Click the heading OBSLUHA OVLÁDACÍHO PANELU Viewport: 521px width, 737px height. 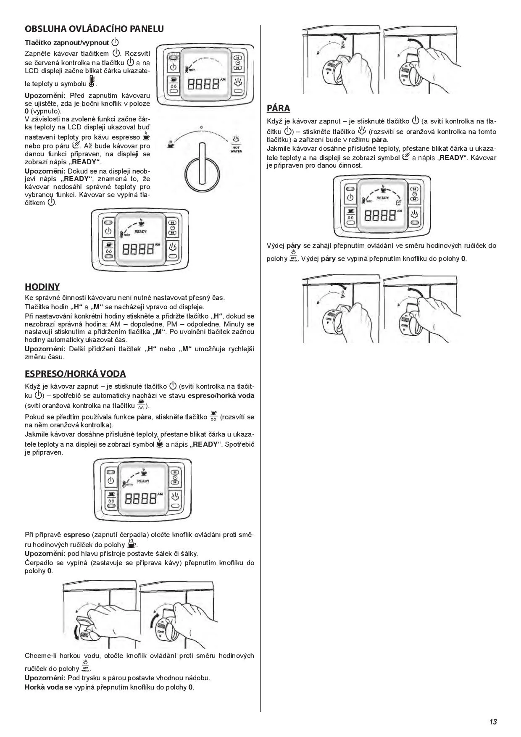(94, 29)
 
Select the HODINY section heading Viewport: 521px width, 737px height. (42, 287)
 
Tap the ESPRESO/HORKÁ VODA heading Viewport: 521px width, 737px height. (75, 374)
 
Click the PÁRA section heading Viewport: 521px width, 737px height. (279, 108)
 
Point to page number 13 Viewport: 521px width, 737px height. (493, 722)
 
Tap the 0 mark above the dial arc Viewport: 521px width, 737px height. (201, 127)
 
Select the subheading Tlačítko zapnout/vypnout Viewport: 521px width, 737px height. (67, 43)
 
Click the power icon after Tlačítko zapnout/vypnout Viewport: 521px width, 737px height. (115, 42)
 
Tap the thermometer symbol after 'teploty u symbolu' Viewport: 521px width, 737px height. (92, 82)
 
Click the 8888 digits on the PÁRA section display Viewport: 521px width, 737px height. (380, 216)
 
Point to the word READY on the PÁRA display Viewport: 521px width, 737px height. (382, 197)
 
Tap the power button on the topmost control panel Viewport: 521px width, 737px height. (173, 67)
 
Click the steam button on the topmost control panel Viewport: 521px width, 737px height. (238, 82)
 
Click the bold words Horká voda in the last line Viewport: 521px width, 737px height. (43, 687)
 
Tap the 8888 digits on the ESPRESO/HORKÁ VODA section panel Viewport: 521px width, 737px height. (141, 499)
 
